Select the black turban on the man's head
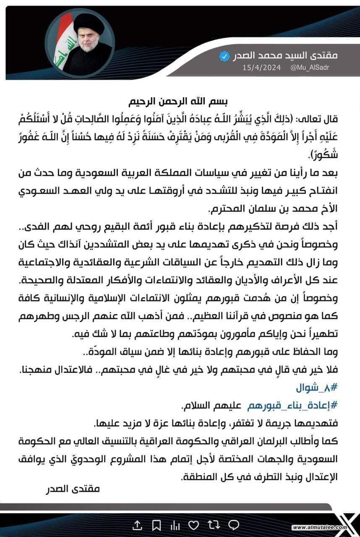(x=89, y=25)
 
